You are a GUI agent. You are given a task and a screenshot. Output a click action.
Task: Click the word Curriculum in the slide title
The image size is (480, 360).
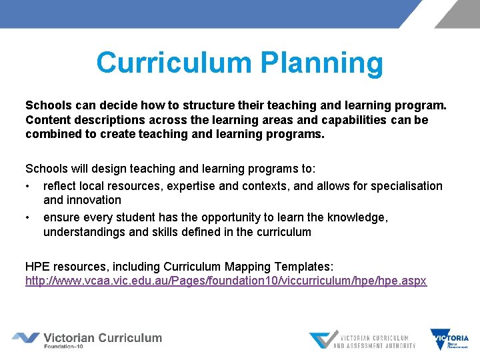pyautogui.click(x=174, y=63)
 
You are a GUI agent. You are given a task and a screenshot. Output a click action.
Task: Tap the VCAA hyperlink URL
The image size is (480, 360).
pyautogui.click(x=226, y=281)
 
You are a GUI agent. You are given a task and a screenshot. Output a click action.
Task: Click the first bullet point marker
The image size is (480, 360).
pyautogui.click(x=28, y=186)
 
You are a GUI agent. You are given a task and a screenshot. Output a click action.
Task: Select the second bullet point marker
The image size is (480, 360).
pyautogui.click(x=28, y=217)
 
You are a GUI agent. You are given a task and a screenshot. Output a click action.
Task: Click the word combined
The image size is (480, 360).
pyautogui.click(x=52, y=134)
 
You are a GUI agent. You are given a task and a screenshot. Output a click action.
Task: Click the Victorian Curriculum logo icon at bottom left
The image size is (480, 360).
pyautogui.click(x=25, y=338)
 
